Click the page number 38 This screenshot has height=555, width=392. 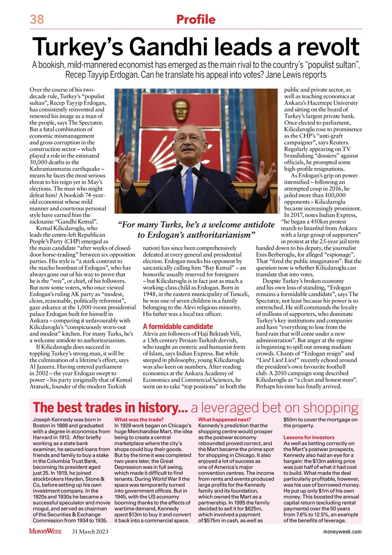37,20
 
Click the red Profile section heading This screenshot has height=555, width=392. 195,20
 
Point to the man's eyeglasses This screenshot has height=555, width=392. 189,138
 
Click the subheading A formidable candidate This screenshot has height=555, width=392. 178,326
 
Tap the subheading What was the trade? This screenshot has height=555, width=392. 139,419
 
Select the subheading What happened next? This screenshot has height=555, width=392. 224,419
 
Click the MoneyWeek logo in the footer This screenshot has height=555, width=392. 45,531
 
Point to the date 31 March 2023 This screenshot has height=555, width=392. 90,532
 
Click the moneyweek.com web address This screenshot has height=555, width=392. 343,532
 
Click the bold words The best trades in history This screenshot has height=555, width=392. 110,408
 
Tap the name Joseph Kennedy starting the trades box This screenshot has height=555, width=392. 54,419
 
